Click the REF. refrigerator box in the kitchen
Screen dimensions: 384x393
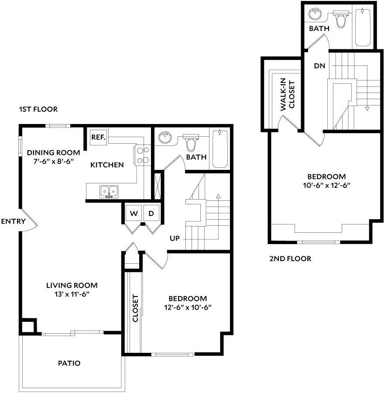pos(99,137)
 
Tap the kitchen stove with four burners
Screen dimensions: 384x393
pos(142,155)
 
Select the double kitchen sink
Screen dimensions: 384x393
pos(109,192)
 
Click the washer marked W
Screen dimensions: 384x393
pos(134,213)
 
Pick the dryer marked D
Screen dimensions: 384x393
pos(151,213)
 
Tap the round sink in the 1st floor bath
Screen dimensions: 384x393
pos(165,138)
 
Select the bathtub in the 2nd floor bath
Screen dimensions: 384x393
pos(363,28)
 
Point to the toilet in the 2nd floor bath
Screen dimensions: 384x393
pos(341,19)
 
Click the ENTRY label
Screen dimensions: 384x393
pos(13,221)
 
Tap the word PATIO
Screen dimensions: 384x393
pos(69,363)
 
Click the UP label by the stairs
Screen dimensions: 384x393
pos(175,238)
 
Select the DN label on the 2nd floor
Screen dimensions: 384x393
pos(319,66)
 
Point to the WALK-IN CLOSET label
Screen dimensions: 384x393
pos(287,94)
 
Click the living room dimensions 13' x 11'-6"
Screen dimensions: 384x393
pos(72,294)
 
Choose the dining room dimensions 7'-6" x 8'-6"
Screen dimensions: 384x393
pos(54,161)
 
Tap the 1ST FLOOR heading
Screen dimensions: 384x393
pos(38,109)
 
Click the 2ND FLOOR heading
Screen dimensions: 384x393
pos(290,259)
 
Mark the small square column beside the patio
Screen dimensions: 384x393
pos(28,326)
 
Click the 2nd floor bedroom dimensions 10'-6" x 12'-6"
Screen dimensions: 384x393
pos(326,185)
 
